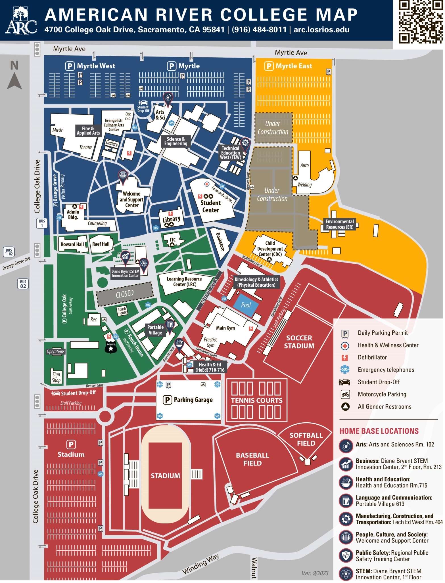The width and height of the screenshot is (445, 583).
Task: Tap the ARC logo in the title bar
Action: [x=21, y=21]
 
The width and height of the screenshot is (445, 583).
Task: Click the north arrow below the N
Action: [x=14, y=81]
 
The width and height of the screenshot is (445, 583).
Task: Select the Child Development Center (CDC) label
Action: [x=270, y=249]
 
